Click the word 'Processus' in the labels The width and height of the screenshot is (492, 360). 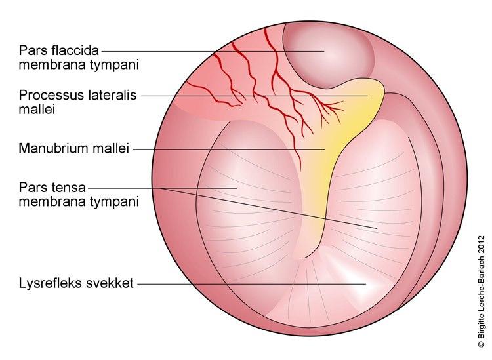point(46,96)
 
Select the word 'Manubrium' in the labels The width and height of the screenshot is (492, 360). point(48,149)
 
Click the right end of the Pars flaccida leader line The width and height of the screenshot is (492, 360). point(324,50)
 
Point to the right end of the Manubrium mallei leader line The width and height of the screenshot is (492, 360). point(324,149)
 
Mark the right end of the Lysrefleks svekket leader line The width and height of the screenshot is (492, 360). point(365,283)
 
